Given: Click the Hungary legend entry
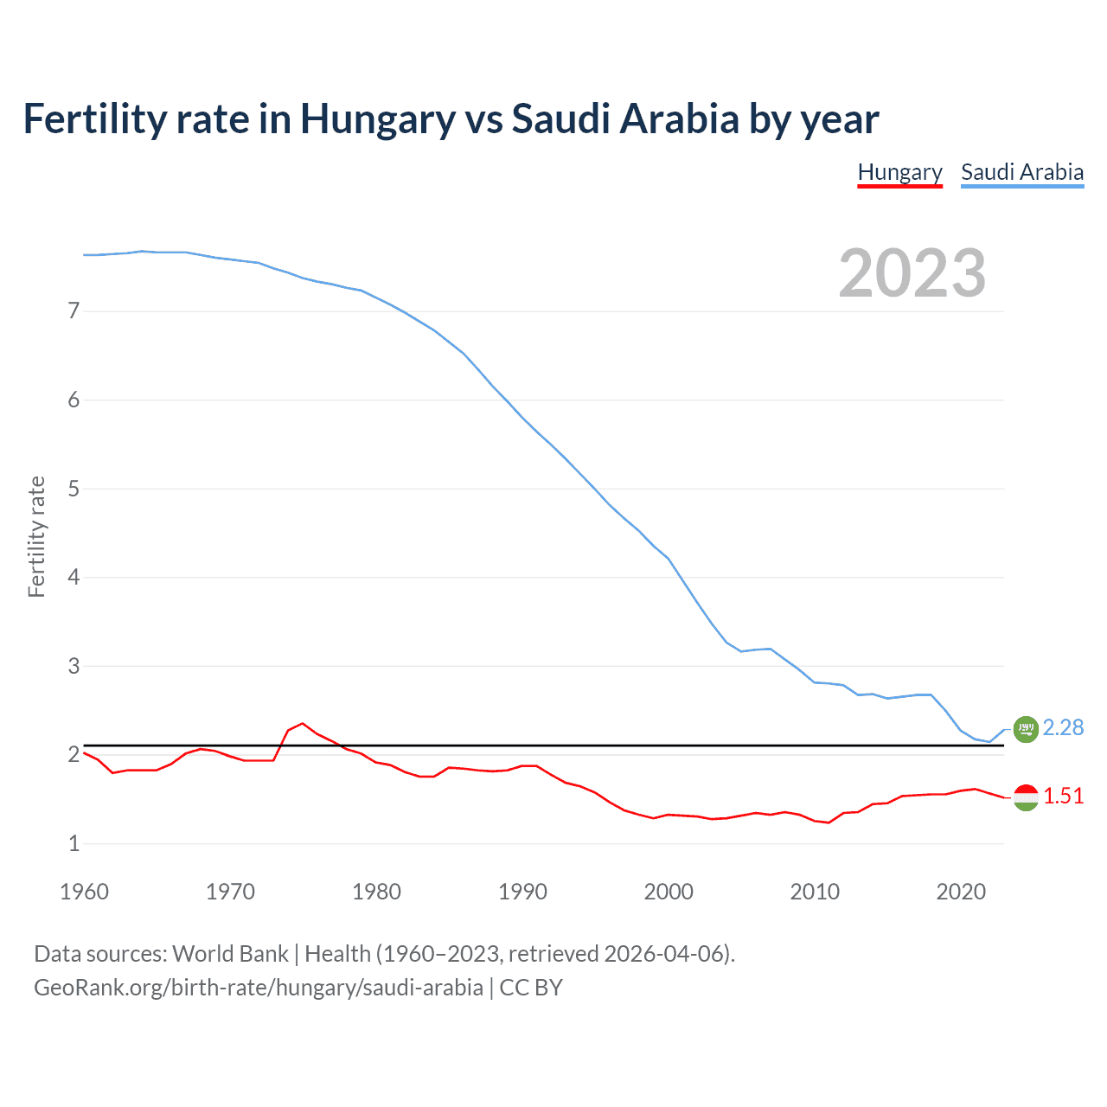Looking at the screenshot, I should [x=899, y=172].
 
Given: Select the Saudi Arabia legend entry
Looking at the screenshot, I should [x=1022, y=172].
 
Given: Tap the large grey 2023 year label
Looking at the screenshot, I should [x=912, y=273].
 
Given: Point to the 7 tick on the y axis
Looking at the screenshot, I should [x=74, y=310].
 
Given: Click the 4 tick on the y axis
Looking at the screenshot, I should [x=74, y=577].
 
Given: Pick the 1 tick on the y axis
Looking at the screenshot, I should [x=74, y=843].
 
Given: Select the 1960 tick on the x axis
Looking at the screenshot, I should [x=84, y=892].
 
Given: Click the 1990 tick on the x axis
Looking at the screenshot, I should [x=522, y=892].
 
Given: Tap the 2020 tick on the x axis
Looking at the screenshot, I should [x=961, y=892].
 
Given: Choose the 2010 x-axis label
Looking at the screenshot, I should [x=815, y=892].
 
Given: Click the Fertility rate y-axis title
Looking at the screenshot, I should [x=36, y=536].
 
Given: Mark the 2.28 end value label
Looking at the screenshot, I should [x=1063, y=728].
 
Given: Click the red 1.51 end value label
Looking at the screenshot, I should [x=1063, y=797].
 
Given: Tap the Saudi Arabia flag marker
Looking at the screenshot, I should [x=1026, y=729].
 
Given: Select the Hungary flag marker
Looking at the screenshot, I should [x=1026, y=797].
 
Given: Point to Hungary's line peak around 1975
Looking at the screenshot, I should [x=302, y=723].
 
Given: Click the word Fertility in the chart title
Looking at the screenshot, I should [x=93, y=119].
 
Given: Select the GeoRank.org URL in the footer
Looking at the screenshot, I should [x=258, y=988].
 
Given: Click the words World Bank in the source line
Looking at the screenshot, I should [x=230, y=954].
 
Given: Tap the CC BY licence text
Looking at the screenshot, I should [x=531, y=988].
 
